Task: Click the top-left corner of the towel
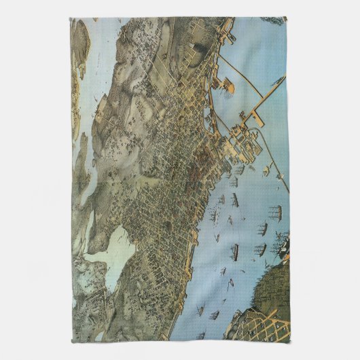(71, 18)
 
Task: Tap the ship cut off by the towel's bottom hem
(200, 336)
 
